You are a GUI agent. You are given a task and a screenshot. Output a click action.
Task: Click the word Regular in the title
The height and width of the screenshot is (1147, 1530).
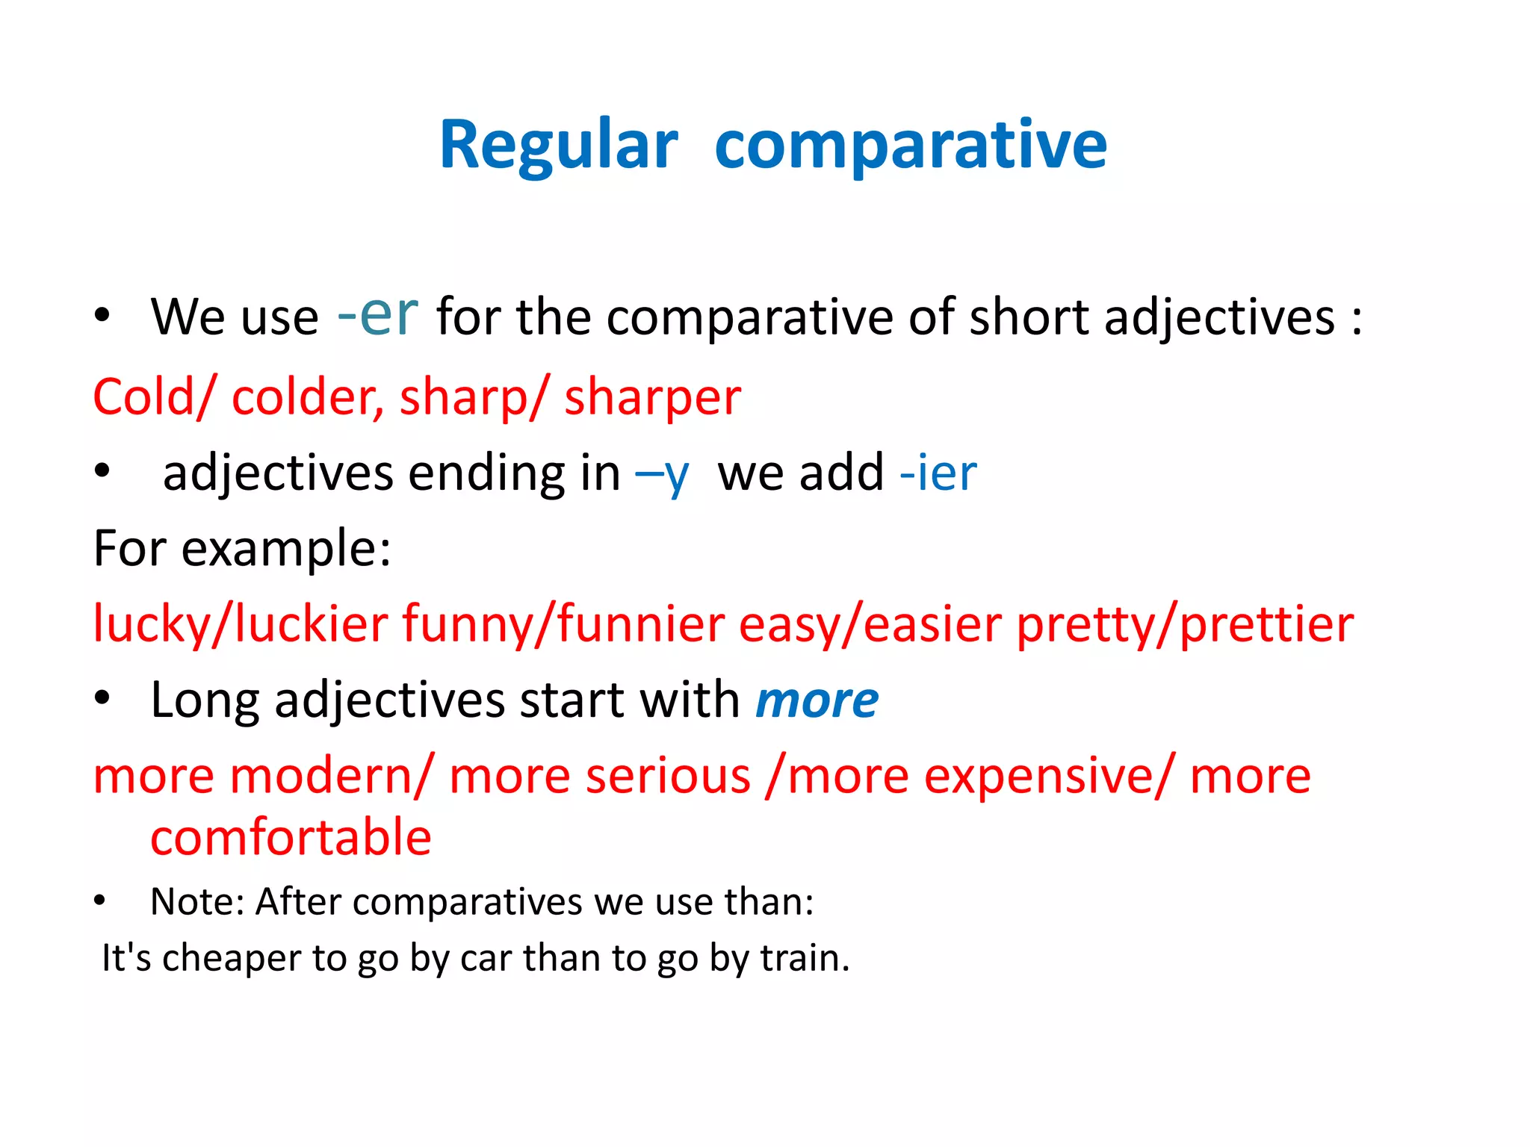(x=558, y=145)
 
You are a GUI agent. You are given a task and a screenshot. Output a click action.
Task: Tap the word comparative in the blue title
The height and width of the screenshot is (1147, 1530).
(x=910, y=145)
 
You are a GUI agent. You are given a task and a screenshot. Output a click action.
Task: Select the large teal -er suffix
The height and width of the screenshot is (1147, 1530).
(x=378, y=314)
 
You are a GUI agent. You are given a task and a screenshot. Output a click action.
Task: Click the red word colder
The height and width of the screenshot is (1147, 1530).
(x=306, y=397)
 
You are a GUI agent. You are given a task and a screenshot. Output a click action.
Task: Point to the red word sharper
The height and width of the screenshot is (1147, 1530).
(x=652, y=397)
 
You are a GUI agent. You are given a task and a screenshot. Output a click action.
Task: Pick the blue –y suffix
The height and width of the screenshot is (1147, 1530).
(x=662, y=474)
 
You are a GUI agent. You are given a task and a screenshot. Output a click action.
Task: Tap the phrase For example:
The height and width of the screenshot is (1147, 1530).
(x=242, y=549)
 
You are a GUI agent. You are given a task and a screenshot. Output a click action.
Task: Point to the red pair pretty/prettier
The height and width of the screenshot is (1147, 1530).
(x=1185, y=624)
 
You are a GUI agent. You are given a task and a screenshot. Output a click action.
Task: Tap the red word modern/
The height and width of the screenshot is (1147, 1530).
(x=331, y=776)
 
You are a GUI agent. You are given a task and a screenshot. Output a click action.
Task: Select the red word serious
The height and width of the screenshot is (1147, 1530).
(x=668, y=776)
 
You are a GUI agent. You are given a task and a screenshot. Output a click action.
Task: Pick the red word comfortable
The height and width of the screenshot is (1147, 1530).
(x=291, y=837)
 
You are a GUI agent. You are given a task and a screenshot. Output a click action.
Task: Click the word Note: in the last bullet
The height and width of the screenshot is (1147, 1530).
(x=198, y=901)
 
